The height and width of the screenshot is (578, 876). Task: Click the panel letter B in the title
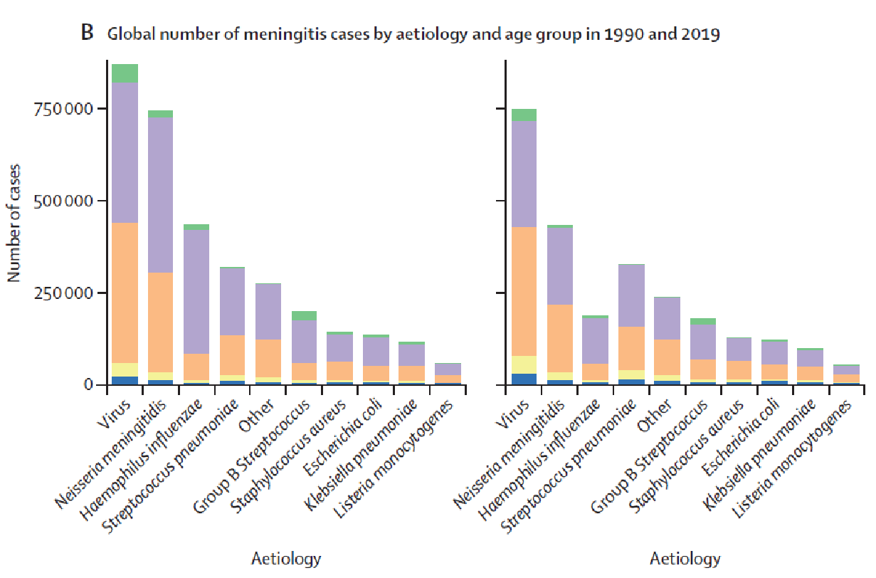click(x=87, y=33)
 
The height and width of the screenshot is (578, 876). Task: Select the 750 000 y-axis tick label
click(x=63, y=109)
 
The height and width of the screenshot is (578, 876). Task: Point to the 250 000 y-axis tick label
click(x=63, y=293)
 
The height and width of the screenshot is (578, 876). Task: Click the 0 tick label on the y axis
click(x=88, y=385)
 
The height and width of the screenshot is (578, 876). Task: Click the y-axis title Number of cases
click(x=14, y=224)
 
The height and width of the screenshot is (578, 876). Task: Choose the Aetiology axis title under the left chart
click(x=286, y=559)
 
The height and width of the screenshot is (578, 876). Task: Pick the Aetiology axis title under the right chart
click(x=685, y=559)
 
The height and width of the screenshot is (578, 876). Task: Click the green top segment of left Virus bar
click(x=125, y=73)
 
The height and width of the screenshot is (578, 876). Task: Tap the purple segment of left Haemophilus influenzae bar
click(x=196, y=292)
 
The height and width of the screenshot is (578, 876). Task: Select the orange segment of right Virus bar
click(x=524, y=291)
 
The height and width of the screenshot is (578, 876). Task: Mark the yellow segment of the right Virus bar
click(x=524, y=365)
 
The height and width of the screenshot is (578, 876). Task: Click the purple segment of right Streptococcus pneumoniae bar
click(x=632, y=295)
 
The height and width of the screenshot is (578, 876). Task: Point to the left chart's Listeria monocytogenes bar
click(x=448, y=374)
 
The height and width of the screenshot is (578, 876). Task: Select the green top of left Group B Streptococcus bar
click(x=304, y=315)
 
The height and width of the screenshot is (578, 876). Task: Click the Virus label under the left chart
click(x=113, y=414)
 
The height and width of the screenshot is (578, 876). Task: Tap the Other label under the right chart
click(x=654, y=416)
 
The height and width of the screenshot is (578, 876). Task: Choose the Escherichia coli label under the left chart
click(x=342, y=437)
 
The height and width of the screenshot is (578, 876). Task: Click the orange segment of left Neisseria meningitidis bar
click(x=160, y=322)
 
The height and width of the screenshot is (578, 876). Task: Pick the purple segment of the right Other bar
click(x=667, y=318)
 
